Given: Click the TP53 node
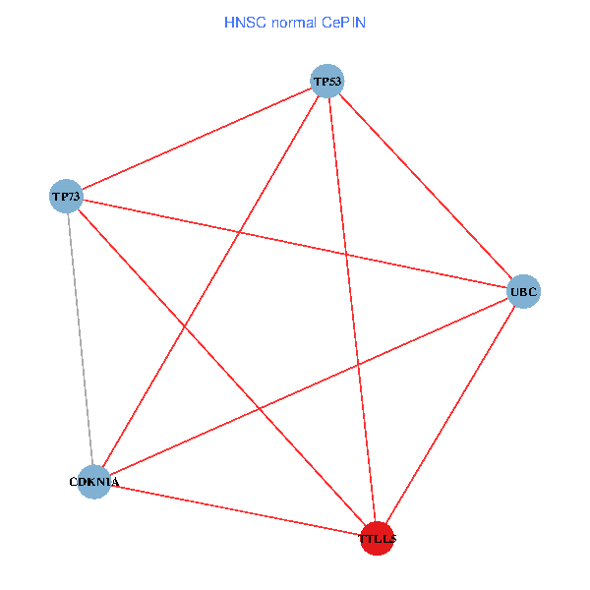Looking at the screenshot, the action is coord(327,81).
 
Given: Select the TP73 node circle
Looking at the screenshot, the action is coord(66,197).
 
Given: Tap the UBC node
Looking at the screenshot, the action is coord(523,292).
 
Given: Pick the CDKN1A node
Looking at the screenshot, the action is coord(94,482).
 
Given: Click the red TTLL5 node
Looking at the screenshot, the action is coord(377,539).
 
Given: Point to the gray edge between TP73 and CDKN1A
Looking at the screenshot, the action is coord(80,339).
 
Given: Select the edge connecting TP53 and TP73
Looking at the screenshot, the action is coord(197,139).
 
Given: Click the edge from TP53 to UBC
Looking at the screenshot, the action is coord(425,186).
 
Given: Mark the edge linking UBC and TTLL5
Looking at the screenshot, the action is coord(450,415).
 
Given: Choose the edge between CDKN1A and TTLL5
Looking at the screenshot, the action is coord(236,510).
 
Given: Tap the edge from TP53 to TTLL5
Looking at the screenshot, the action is coord(352,310).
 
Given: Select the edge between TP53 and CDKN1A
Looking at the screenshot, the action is coord(211,281).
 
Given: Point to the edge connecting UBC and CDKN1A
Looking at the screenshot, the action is coord(309,386).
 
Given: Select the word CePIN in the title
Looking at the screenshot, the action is coord(344,21).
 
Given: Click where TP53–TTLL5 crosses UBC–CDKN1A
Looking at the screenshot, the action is coord(356,365).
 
